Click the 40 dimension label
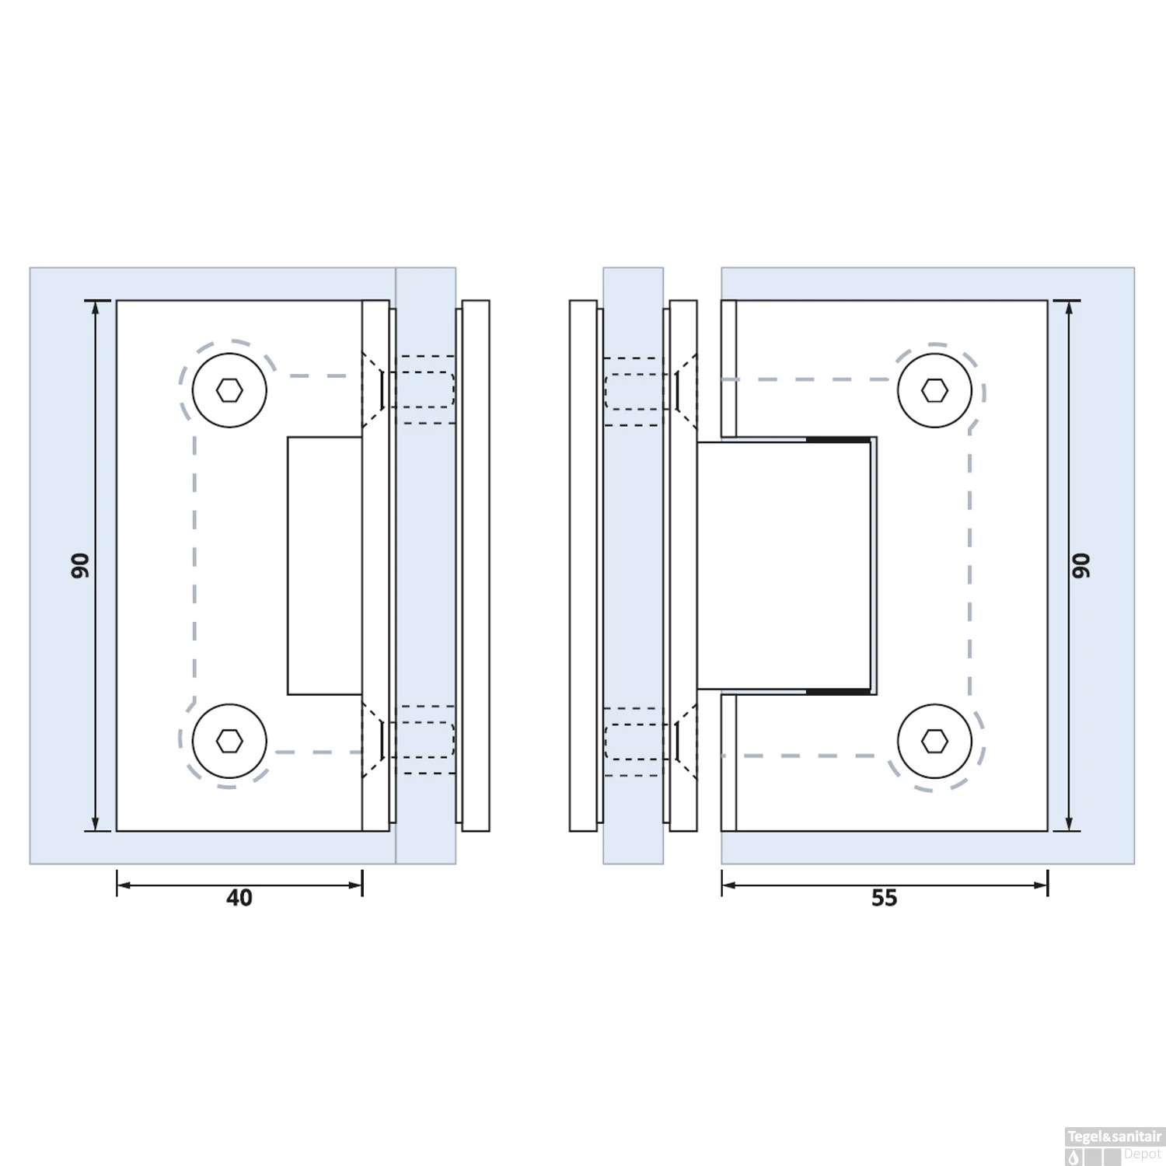[x=239, y=898]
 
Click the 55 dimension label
[x=884, y=898]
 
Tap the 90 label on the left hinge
[x=80, y=565]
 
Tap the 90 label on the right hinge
[x=1081, y=565]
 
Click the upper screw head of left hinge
[x=229, y=390]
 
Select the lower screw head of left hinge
[x=229, y=741]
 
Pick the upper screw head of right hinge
[x=934, y=390]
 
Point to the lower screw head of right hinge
[x=934, y=741]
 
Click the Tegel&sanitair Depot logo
[x=1114, y=1147]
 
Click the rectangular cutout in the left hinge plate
[x=325, y=565]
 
